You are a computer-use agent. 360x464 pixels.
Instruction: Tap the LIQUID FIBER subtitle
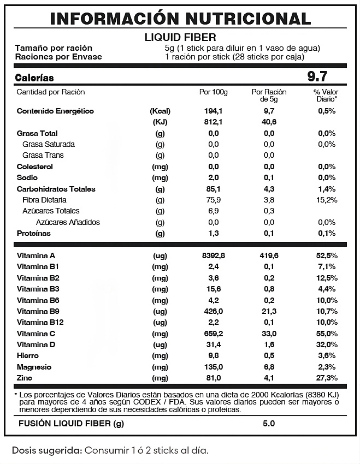coord(180,38)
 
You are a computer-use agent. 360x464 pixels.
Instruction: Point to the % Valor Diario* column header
coord(326,96)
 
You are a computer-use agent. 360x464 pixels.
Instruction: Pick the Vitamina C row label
coord(36,334)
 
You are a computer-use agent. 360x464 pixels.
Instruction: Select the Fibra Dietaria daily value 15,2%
coord(326,200)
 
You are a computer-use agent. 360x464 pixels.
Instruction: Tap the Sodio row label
coord(27,177)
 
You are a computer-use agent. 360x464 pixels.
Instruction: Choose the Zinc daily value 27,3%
coord(326,378)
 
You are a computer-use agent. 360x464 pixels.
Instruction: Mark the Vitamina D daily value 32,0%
coord(326,344)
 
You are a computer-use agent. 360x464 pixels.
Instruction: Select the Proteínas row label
coord(33,233)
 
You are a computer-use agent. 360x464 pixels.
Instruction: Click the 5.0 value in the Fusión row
coord(269,423)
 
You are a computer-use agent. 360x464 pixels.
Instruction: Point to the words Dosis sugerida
coord(47,451)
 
